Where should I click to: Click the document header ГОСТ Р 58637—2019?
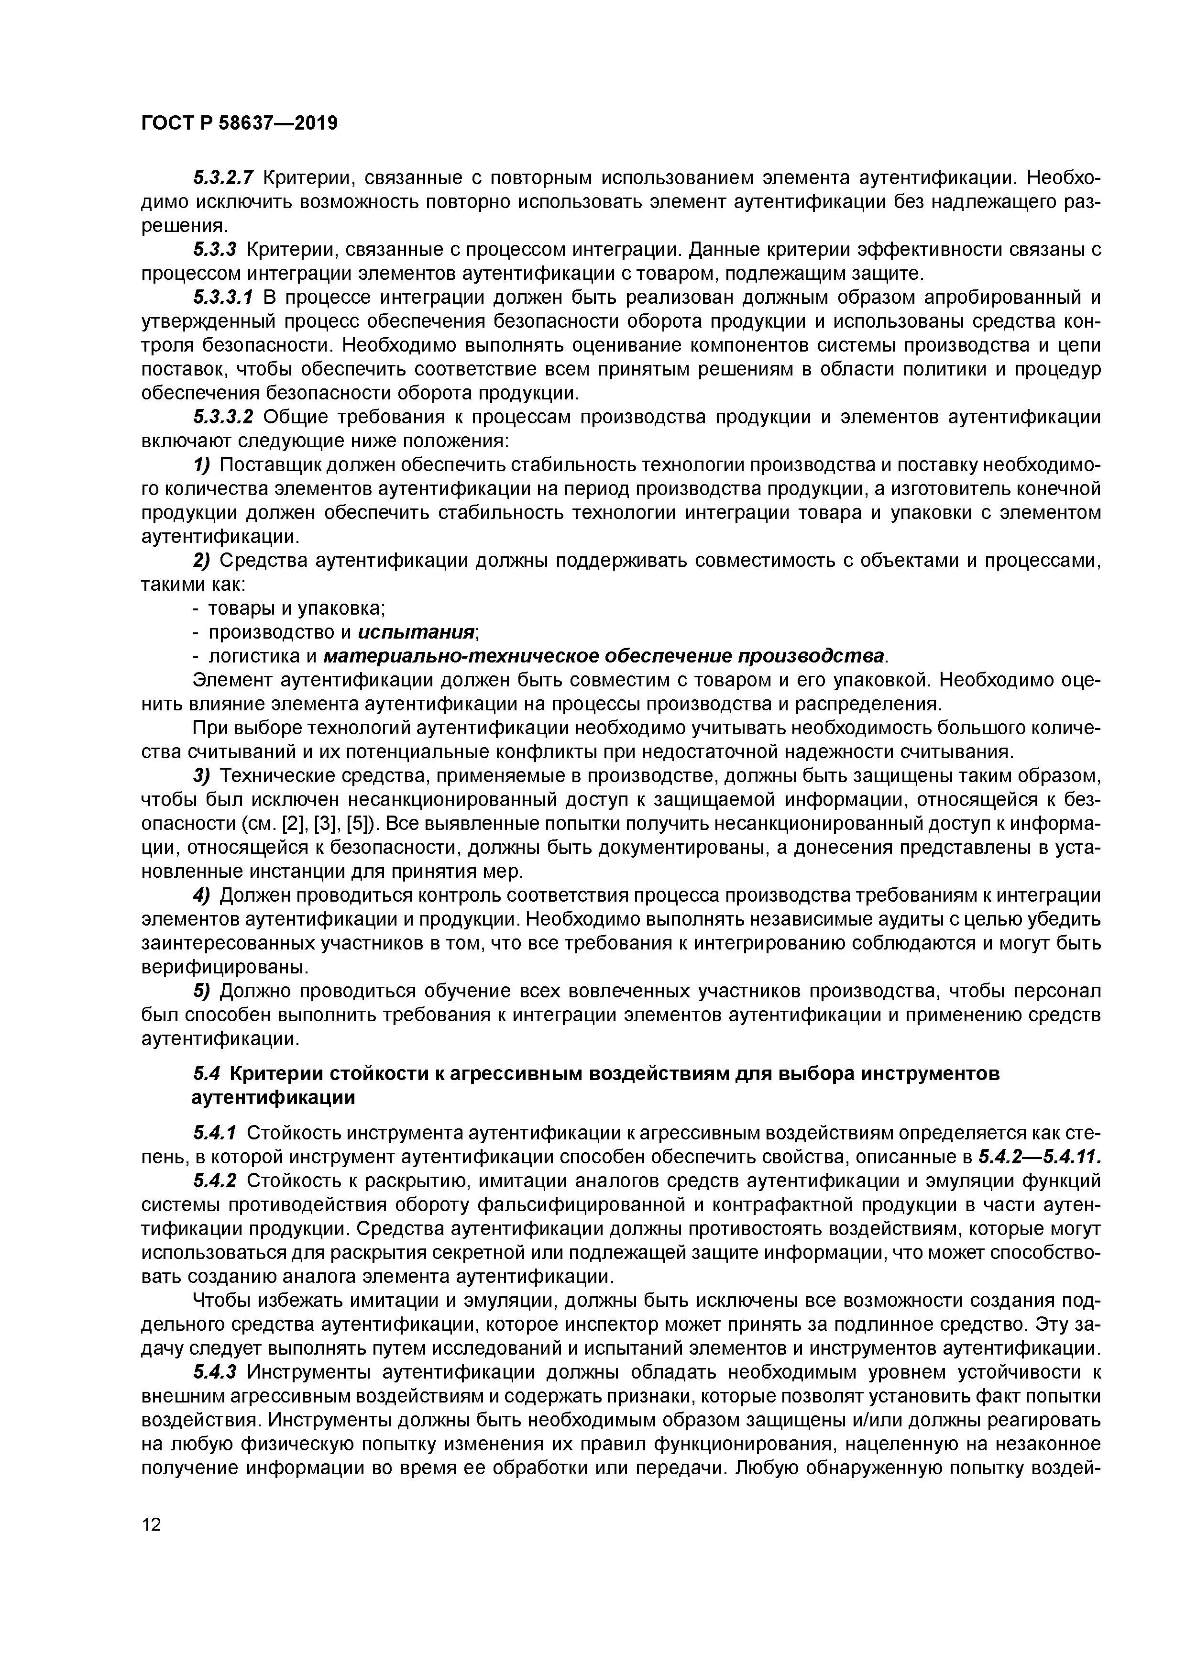(239, 123)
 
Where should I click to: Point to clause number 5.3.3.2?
(223, 417)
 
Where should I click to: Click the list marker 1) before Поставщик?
(202, 465)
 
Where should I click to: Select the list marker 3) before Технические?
(202, 775)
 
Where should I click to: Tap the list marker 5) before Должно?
(202, 991)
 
